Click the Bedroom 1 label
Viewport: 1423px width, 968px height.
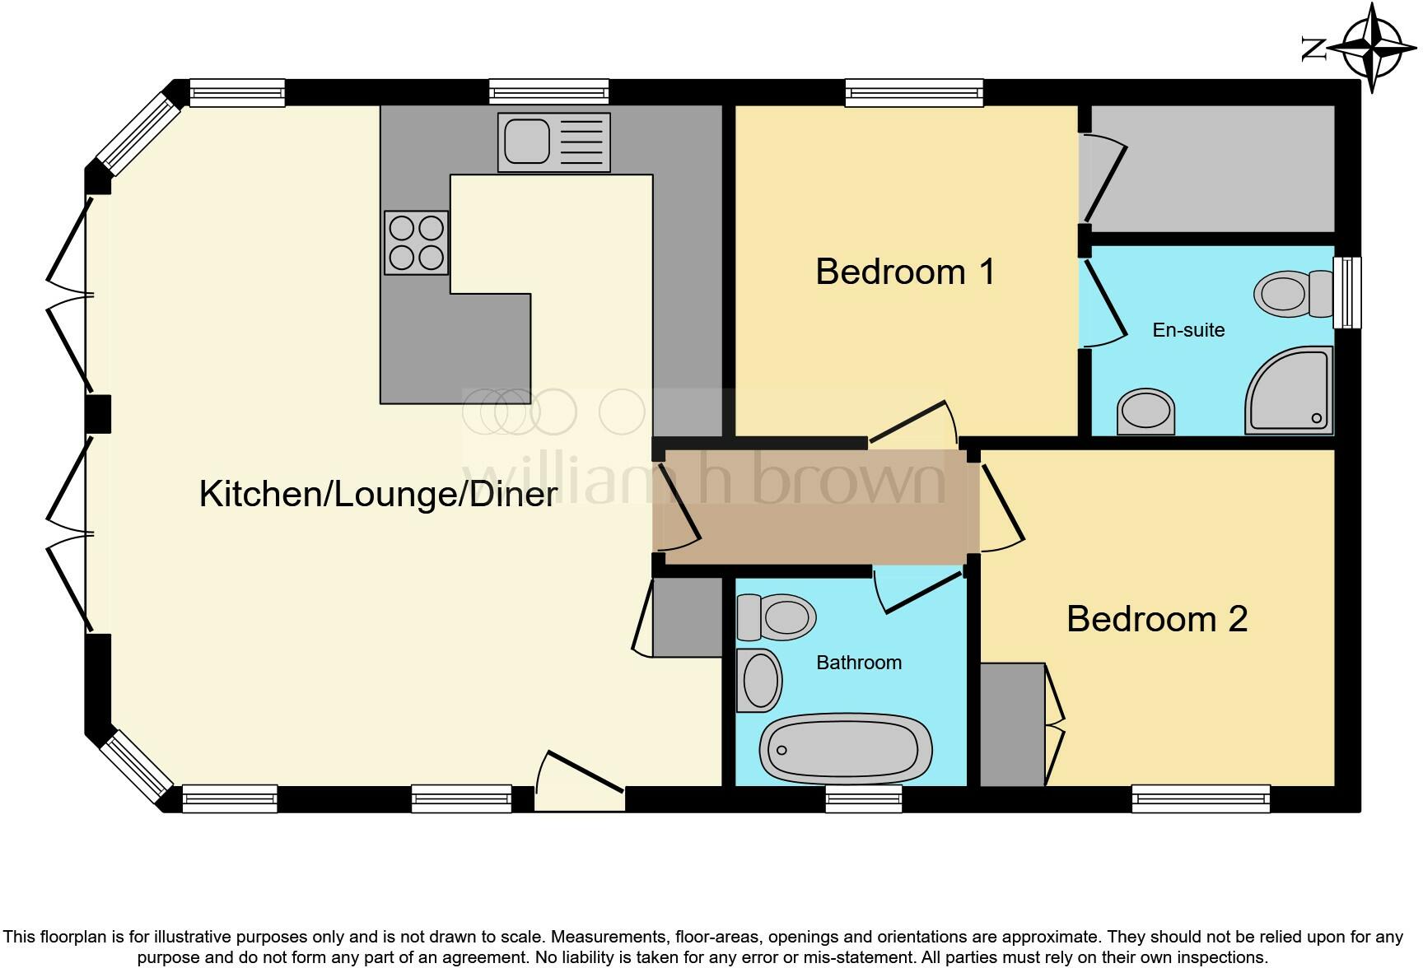pyautogui.click(x=905, y=272)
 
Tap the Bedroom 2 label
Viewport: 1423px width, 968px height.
pyautogui.click(x=1156, y=619)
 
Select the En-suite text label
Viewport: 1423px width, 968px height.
pyautogui.click(x=1187, y=330)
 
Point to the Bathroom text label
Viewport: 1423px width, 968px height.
pyautogui.click(x=858, y=663)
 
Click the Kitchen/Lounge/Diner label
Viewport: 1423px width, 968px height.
pyautogui.click(x=378, y=494)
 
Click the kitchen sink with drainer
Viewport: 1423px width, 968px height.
pyautogui.click(x=553, y=142)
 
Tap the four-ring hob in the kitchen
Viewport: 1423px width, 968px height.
pyautogui.click(x=416, y=242)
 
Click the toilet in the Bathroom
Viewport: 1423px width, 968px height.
pyautogui.click(x=776, y=617)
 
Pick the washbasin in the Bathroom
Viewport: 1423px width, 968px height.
pyautogui.click(x=758, y=680)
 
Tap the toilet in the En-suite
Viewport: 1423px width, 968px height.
pyautogui.click(x=1292, y=292)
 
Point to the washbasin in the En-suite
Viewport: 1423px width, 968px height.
pyautogui.click(x=1145, y=412)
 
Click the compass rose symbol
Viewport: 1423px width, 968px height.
pyautogui.click(x=1372, y=48)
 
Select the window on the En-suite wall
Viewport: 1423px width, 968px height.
pyautogui.click(x=1347, y=292)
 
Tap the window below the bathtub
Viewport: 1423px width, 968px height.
pyautogui.click(x=863, y=798)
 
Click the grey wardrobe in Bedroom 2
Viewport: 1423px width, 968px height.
pyautogui.click(x=1012, y=724)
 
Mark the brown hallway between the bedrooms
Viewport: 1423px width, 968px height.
pyautogui.click(x=815, y=506)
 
